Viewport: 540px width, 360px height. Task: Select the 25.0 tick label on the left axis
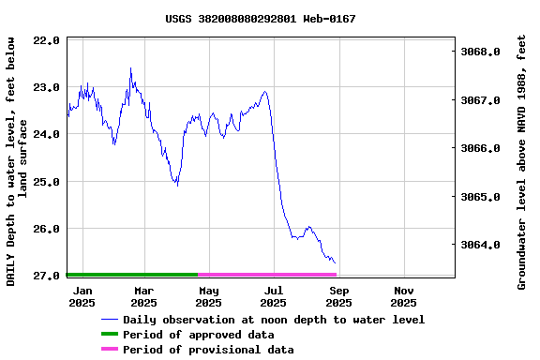coord(47,181)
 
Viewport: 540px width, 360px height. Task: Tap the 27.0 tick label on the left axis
coord(47,276)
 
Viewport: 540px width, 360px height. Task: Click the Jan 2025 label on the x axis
coord(82,296)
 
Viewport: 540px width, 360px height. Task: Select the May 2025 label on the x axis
coord(208,296)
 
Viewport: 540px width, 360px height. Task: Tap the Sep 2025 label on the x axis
coord(339,296)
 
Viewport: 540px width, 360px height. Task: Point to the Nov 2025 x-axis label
coord(403,296)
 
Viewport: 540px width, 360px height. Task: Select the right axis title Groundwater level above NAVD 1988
coord(522,161)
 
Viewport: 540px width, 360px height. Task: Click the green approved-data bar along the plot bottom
coord(131,275)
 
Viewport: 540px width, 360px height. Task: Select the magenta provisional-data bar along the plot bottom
coord(267,275)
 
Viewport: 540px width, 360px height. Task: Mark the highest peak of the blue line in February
coord(130,68)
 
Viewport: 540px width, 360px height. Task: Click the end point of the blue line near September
coord(335,263)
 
